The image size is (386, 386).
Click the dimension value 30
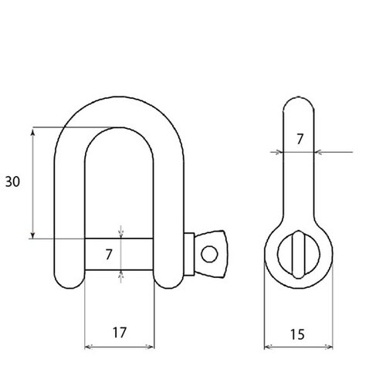(12, 181)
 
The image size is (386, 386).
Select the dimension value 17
(119, 333)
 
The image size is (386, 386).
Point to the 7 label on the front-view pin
(109, 252)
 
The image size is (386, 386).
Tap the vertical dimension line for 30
(32, 181)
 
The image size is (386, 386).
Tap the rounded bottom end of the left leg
(67, 279)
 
